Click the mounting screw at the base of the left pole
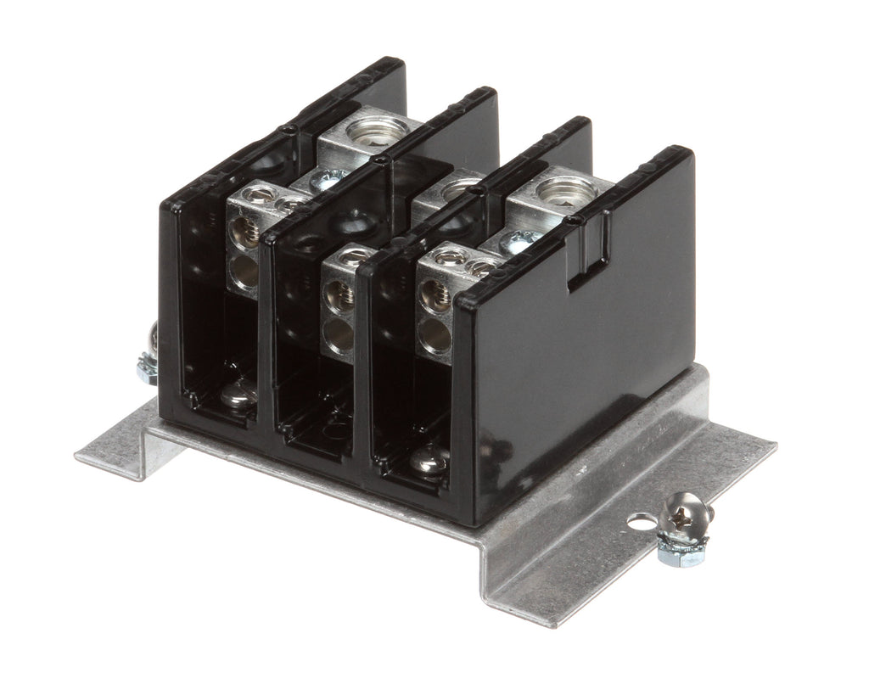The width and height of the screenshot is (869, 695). pyautogui.click(x=238, y=395)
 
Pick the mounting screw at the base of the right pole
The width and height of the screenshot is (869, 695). pyautogui.click(x=428, y=462)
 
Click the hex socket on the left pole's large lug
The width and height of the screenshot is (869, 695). pyautogui.click(x=376, y=131)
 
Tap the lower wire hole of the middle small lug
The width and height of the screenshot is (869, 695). pyautogui.click(x=340, y=334)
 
